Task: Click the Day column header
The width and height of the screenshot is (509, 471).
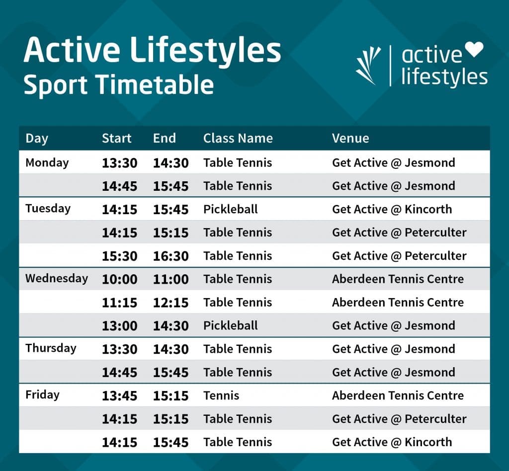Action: click(x=36, y=138)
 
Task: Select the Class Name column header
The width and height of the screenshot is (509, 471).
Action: click(x=238, y=138)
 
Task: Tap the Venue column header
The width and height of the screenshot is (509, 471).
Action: click(x=350, y=138)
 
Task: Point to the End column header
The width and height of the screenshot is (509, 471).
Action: click(x=164, y=138)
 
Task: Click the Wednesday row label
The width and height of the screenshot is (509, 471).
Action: click(x=56, y=278)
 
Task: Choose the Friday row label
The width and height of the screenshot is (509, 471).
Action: click(x=42, y=395)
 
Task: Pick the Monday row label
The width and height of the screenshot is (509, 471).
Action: click(x=47, y=162)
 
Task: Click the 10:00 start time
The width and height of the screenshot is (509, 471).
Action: click(x=119, y=279)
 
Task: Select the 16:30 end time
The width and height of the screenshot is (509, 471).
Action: click(x=170, y=256)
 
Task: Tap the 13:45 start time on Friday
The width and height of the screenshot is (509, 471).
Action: click(x=119, y=396)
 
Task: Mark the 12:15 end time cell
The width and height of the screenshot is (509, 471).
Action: click(x=170, y=303)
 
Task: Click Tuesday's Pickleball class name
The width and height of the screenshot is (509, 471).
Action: click(x=230, y=209)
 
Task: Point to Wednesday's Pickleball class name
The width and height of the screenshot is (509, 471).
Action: click(x=230, y=326)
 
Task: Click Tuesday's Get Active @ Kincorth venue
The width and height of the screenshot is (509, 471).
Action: click(x=392, y=209)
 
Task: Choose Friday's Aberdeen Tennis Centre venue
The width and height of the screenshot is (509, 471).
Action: click(x=398, y=396)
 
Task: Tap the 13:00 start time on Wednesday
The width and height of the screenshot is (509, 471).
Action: click(x=119, y=326)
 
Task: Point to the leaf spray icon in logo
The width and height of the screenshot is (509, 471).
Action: click(x=368, y=65)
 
